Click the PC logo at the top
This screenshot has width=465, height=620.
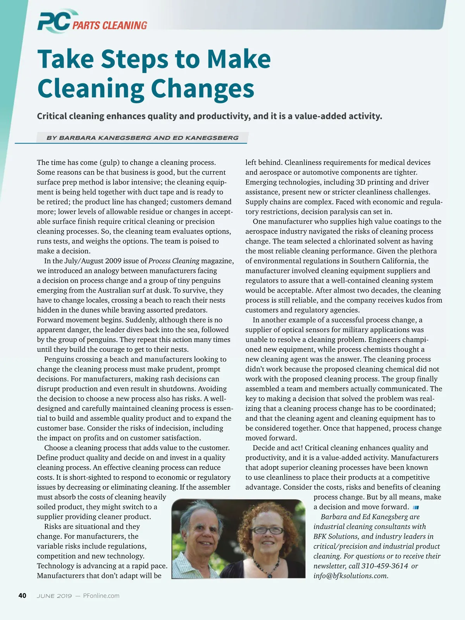53,22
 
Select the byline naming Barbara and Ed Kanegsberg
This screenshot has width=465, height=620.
142,138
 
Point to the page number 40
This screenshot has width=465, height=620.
22,596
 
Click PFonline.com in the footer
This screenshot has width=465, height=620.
101,596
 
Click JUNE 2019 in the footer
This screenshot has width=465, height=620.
54,596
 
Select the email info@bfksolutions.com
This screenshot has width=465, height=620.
351,576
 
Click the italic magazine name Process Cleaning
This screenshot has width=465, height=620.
174,261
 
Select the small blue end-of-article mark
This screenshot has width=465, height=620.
416,507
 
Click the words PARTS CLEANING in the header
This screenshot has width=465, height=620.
110,26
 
